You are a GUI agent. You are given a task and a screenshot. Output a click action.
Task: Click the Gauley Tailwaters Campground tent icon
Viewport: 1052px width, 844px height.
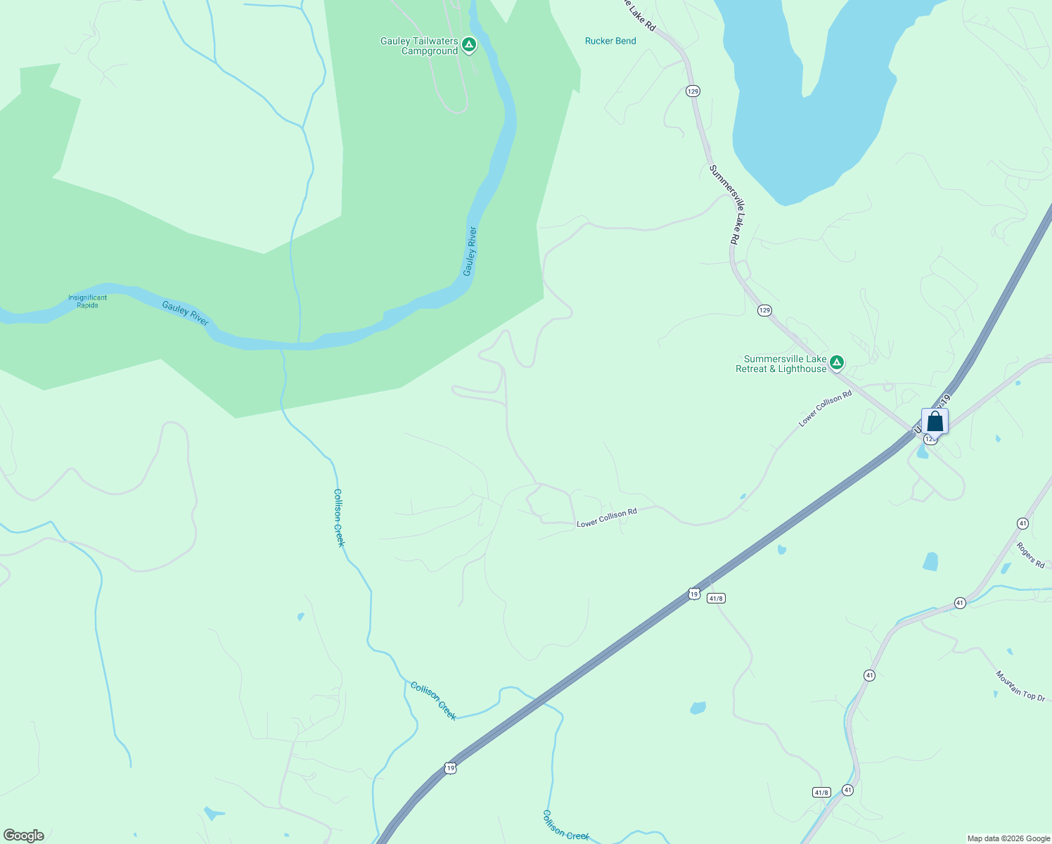[x=469, y=45]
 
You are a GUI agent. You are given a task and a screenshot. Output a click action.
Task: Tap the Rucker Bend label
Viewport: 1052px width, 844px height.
[x=610, y=41]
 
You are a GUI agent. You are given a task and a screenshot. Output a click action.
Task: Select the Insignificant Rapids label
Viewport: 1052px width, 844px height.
[x=87, y=302]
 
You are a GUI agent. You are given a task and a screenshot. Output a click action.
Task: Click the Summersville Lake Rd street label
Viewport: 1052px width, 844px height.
[x=723, y=204]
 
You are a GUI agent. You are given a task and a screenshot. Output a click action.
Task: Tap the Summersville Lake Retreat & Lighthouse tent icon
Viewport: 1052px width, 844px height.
[x=836, y=363]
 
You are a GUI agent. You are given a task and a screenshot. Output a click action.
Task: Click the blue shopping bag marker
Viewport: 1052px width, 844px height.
[x=935, y=421]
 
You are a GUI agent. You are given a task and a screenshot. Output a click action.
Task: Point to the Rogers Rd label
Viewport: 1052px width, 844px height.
[x=1030, y=555]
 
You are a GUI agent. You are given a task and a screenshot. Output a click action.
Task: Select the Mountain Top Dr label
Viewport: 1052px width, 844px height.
[x=1020, y=685]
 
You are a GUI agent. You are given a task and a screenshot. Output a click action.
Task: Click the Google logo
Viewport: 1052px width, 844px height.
[x=23, y=836]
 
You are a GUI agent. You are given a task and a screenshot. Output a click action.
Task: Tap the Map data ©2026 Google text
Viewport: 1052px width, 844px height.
[x=1008, y=838]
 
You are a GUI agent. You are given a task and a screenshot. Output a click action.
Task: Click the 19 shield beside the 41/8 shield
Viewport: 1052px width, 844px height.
[x=694, y=594]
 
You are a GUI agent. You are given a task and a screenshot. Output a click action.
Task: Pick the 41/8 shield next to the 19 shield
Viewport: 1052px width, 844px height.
[x=716, y=599]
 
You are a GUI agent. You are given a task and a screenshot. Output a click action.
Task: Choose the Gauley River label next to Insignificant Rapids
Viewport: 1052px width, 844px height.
[x=185, y=313]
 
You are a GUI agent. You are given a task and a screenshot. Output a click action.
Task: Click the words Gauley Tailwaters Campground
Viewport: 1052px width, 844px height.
[x=419, y=46]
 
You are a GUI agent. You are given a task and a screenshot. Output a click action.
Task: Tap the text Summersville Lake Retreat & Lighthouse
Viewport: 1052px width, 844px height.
[x=781, y=364]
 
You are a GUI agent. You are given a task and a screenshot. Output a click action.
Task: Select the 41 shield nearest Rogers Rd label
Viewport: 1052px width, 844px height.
[x=1022, y=523]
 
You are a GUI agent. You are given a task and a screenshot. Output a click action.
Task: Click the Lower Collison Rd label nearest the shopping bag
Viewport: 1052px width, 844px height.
[x=825, y=409]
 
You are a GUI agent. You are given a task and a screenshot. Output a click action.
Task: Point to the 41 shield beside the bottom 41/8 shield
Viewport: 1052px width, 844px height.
[x=847, y=790]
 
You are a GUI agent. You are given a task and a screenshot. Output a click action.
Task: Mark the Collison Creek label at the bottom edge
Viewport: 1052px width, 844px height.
[x=565, y=825]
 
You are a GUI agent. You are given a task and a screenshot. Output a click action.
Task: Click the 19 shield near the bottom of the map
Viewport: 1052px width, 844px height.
[x=450, y=768]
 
